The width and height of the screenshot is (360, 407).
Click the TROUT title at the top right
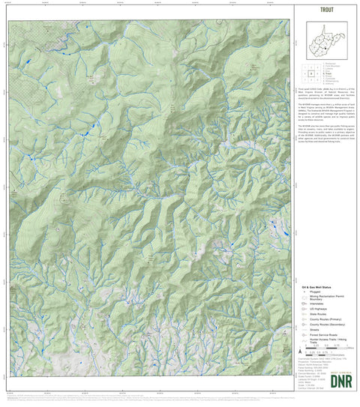click(326, 10)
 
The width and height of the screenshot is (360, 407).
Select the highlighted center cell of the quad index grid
click(309, 73)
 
